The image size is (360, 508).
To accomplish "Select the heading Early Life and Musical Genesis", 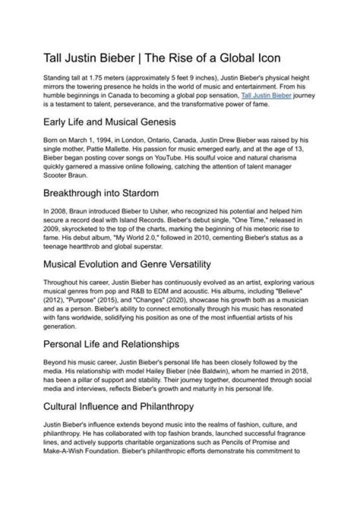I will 109,122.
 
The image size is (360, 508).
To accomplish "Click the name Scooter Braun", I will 64,174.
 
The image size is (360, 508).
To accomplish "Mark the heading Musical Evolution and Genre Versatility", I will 127,264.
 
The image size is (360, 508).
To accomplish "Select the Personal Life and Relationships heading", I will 111,344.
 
